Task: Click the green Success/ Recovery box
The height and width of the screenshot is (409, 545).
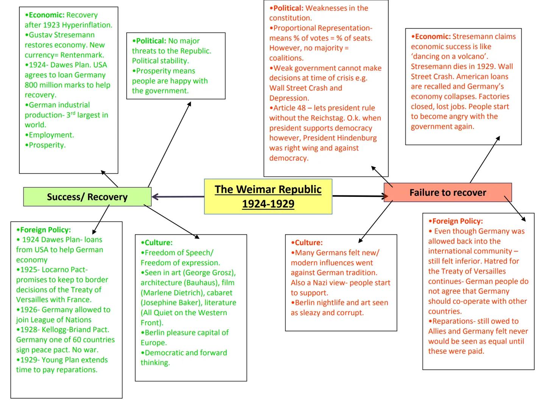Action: pyautogui.click(x=87, y=197)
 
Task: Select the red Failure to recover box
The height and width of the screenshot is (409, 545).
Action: pyautogui.click(x=448, y=193)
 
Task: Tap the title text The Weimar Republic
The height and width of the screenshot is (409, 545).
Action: pyautogui.click(x=268, y=189)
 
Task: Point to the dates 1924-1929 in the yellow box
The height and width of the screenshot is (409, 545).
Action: pyautogui.click(x=268, y=204)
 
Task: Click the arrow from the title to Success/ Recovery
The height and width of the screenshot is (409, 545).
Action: pyautogui.click(x=178, y=197)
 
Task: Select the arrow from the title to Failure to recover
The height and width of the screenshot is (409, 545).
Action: pyautogui.click(x=360, y=196)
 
